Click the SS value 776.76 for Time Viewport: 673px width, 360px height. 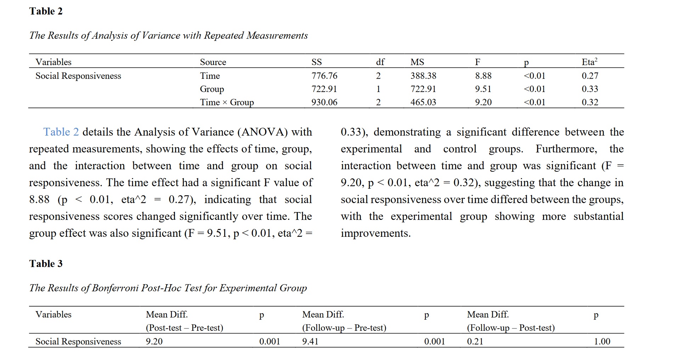(x=324, y=76)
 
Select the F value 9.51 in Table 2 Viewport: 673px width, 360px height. (x=483, y=89)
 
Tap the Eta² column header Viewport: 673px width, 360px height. (x=589, y=62)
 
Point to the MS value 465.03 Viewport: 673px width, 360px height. (x=423, y=102)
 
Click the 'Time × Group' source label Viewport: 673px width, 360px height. (x=227, y=102)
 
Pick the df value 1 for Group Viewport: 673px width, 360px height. (x=378, y=89)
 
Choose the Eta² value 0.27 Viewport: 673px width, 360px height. (x=590, y=76)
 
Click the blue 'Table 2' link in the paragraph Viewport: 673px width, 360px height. (x=61, y=132)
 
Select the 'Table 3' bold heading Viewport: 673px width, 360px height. (x=46, y=264)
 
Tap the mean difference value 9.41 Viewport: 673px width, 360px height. (x=310, y=342)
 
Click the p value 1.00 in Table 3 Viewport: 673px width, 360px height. (x=602, y=342)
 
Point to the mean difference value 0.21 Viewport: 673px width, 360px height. (x=475, y=342)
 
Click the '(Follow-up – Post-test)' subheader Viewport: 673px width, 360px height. (x=511, y=328)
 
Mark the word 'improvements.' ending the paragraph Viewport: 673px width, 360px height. (x=375, y=233)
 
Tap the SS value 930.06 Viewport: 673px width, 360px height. (x=324, y=102)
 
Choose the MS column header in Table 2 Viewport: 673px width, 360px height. (x=417, y=62)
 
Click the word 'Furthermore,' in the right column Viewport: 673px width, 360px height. (x=566, y=149)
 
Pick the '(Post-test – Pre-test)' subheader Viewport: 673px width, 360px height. (x=185, y=328)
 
